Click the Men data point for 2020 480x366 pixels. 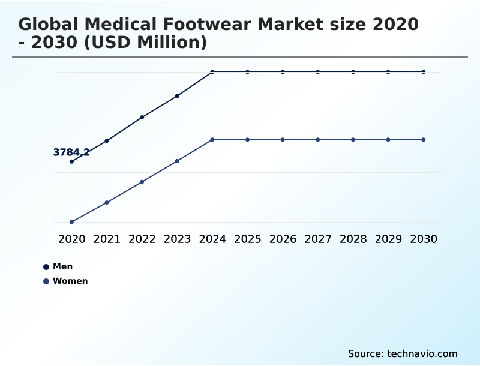pos(72,161)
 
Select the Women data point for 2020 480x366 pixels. pos(72,222)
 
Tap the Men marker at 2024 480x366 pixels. pos(212,72)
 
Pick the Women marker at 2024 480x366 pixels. pos(212,140)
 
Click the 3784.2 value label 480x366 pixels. pos(71,152)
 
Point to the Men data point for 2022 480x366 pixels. pos(142,118)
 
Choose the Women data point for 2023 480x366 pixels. pos(177,161)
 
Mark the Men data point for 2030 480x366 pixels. pos(424,72)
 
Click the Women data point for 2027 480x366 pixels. pos(318,140)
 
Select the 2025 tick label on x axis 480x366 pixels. pos(247,239)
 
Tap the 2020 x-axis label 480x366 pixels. pos(72,239)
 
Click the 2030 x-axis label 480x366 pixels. pos(424,239)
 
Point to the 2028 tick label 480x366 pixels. pos(353,239)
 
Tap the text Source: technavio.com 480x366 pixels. pos(403,353)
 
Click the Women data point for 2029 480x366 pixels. pos(388,140)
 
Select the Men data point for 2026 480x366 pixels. pos(283,72)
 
